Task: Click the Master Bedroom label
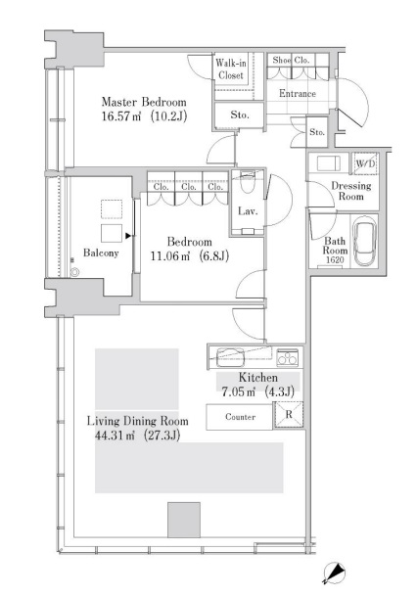pos(144,102)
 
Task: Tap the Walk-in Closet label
pos(231,69)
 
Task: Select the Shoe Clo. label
pos(291,60)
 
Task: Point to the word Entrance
pos(298,93)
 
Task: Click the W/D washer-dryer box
pos(365,163)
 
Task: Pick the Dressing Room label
pos(350,191)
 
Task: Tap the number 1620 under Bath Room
pos(335,260)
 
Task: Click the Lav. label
pos(248,211)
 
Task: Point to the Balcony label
pos(101,253)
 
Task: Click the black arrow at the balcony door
pos(128,236)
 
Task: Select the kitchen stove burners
pos(288,357)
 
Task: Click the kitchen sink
pos(231,357)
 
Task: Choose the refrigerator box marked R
pos(289,414)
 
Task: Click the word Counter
pos(240,417)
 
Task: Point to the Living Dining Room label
pos(138,421)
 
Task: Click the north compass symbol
pos(334,573)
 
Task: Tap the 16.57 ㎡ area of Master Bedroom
pos(121,116)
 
